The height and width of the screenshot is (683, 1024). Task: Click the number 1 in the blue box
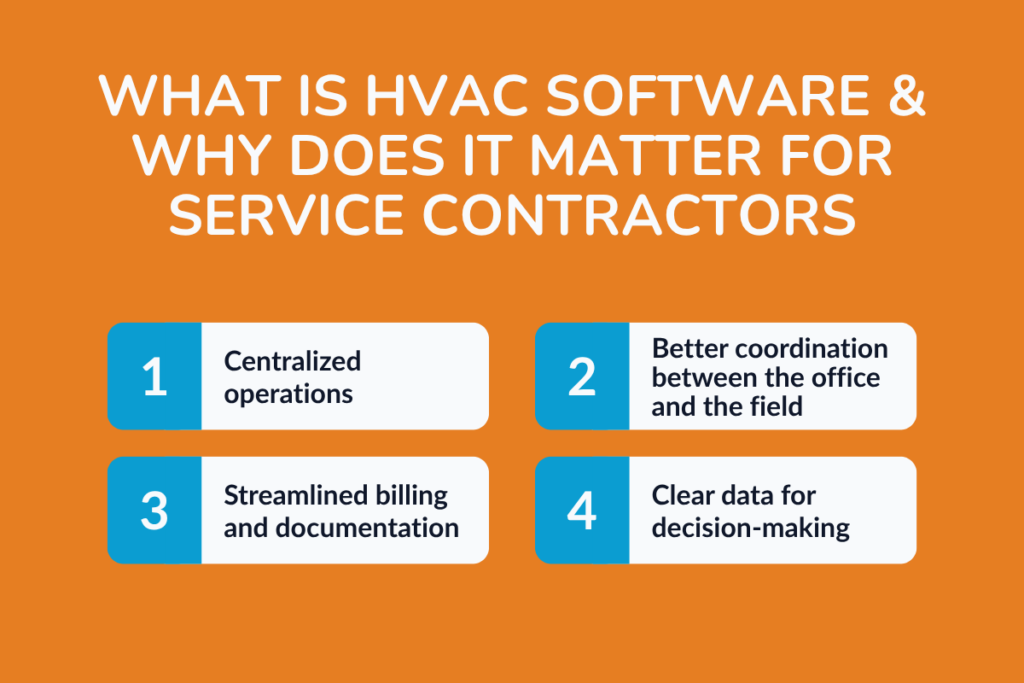[x=154, y=377]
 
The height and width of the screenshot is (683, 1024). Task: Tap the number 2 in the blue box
[x=582, y=377]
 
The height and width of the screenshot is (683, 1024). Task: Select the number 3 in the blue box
[x=154, y=511]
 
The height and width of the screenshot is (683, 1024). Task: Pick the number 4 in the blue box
[x=582, y=511]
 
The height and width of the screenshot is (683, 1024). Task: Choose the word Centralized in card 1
[x=293, y=361]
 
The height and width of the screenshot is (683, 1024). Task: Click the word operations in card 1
[x=288, y=394]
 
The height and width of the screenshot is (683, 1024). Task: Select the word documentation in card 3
[x=367, y=528]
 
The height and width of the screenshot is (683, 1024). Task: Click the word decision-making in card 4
[x=750, y=528]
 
